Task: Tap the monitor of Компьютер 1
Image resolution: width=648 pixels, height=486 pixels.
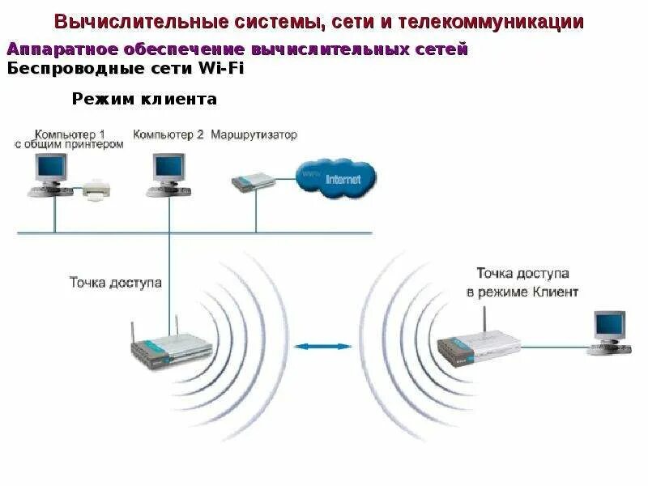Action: (x=50, y=168)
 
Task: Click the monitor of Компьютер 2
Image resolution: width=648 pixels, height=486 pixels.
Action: (x=169, y=168)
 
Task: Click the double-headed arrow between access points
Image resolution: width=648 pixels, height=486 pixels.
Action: (x=323, y=347)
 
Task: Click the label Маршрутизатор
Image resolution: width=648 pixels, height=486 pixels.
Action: (x=254, y=134)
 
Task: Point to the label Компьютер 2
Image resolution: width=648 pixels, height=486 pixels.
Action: (x=168, y=134)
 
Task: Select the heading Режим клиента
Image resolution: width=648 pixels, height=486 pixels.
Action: (x=144, y=100)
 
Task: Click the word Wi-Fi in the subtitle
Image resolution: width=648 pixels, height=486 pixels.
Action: (x=220, y=68)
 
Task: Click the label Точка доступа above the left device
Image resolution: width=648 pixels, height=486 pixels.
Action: (x=116, y=283)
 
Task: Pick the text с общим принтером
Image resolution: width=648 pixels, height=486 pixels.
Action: (x=69, y=144)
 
